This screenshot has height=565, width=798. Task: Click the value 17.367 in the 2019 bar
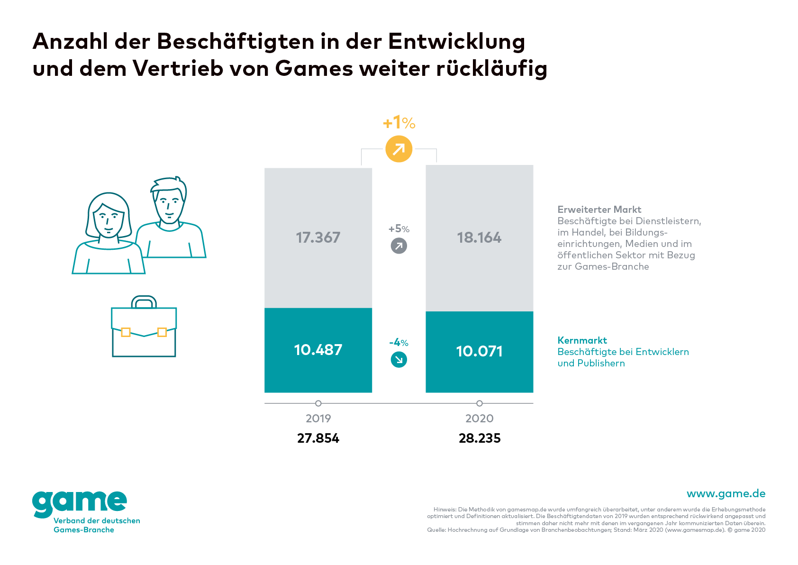pyautogui.click(x=318, y=237)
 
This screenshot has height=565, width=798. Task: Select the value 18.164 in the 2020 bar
pyautogui.click(x=479, y=237)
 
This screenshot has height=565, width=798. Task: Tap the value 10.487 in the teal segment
pyautogui.click(x=318, y=350)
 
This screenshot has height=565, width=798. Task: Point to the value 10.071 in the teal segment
pyautogui.click(x=479, y=351)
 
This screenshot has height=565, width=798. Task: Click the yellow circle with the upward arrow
pyautogui.click(x=399, y=149)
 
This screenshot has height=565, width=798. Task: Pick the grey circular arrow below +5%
pyautogui.click(x=399, y=246)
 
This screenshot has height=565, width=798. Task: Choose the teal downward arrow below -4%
pyautogui.click(x=399, y=360)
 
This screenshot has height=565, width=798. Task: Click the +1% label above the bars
pyautogui.click(x=399, y=123)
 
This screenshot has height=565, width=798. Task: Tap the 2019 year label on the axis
pyautogui.click(x=318, y=418)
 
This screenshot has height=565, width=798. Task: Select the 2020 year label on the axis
pyautogui.click(x=479, y=418)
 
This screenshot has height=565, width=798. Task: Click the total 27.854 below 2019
pyautogui.click(x=318, y=438)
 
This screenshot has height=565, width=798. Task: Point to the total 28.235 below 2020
pyautogui.click(x=479, y=438)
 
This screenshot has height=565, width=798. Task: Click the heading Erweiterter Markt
pyautogui.click(x=599, y=210)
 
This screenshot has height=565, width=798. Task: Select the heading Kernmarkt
pyautogui.click(x=582, y=340)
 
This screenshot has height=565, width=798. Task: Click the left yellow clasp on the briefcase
pyautogui.click(x=126, y=332)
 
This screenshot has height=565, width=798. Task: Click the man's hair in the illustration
pyautogui.click(x=168, y=184)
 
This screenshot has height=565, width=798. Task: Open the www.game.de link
pyautogui.click(x=725, y=493)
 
